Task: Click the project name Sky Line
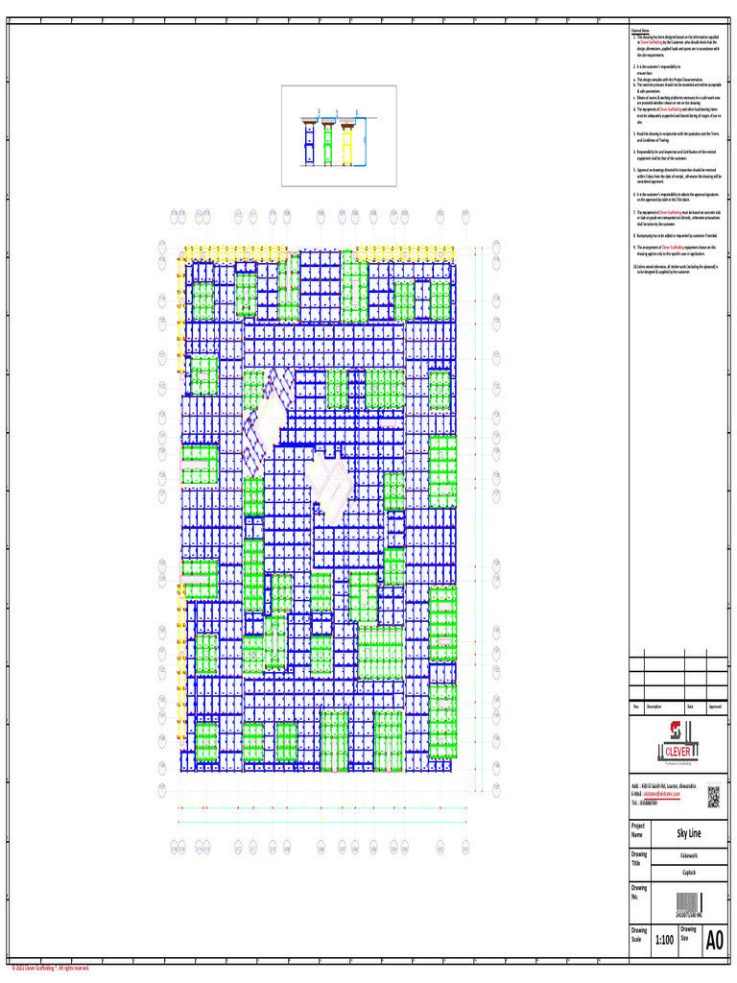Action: point(689,832)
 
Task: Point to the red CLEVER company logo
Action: point(677,738)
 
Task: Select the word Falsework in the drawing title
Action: point(689,853)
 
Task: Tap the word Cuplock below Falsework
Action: point(689,872)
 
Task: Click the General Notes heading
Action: point(640,31)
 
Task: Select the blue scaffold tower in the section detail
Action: point(310,141)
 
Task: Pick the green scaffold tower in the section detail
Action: point(327,141)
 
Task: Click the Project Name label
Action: point(638,830)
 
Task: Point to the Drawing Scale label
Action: point(639,935)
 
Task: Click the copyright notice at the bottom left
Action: point(50,968)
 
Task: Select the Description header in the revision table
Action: point(656,707)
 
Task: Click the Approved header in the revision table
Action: point(715,707)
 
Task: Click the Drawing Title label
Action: point(639,858)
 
